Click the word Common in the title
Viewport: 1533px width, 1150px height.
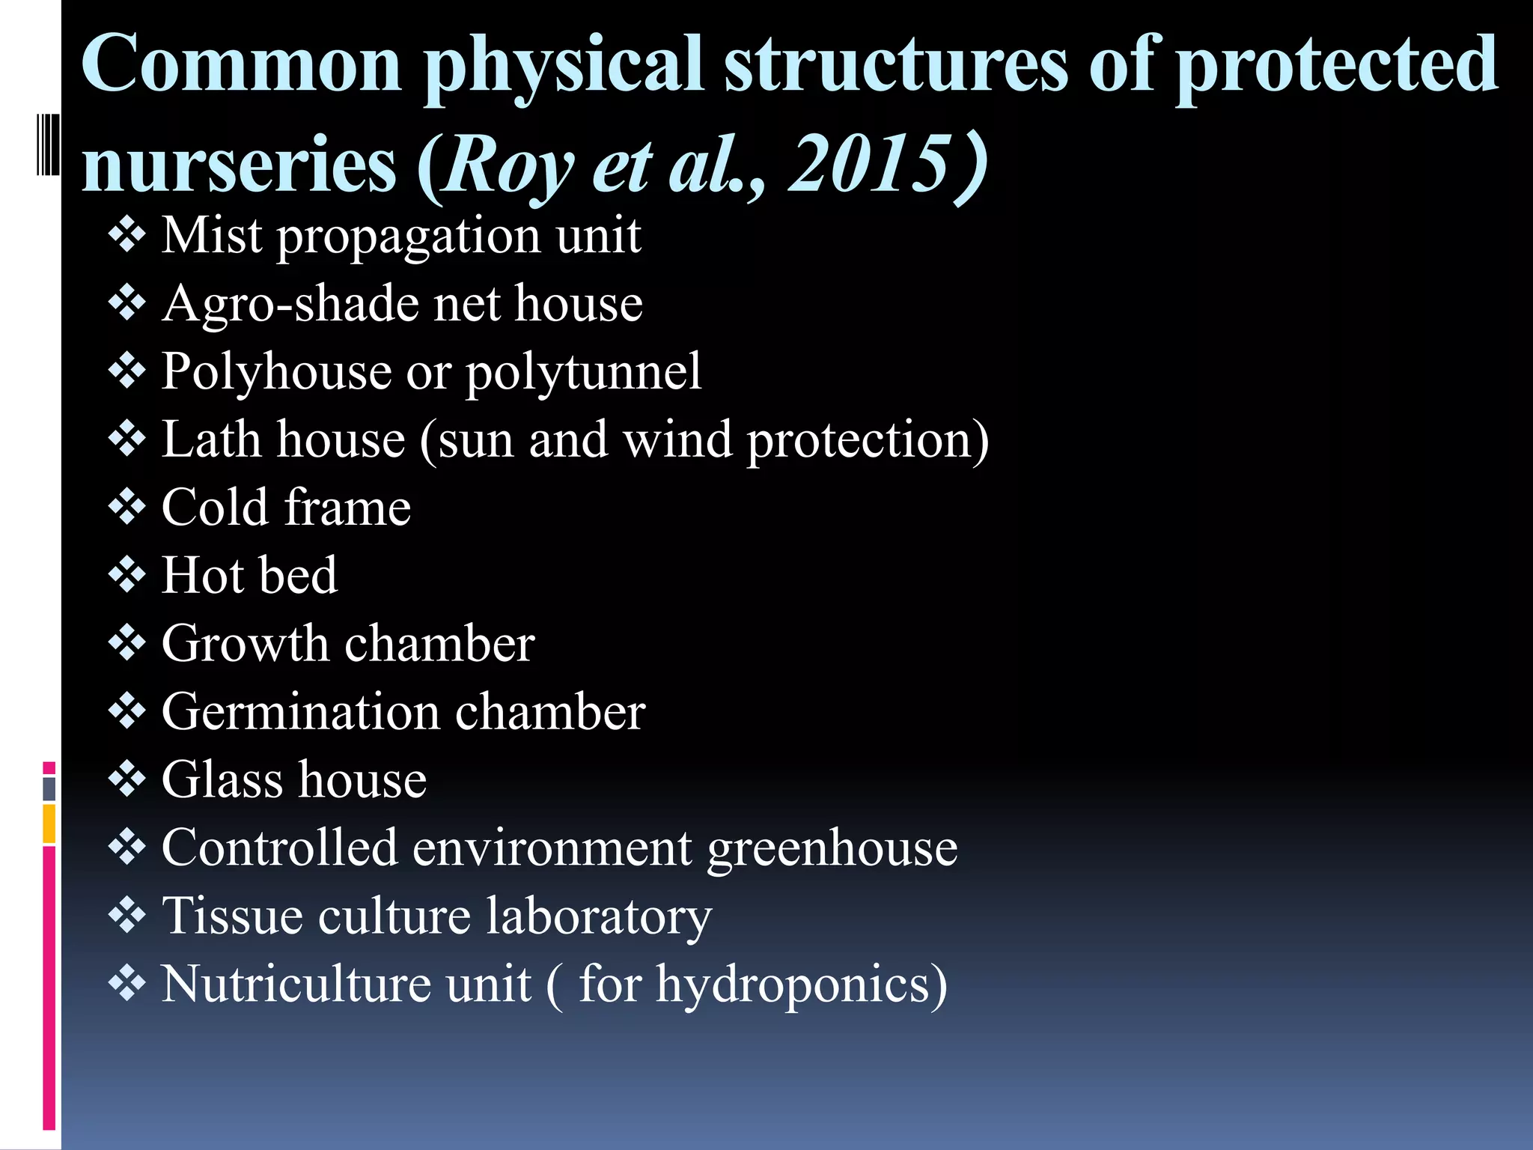242,66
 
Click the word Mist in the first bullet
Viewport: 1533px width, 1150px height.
212,236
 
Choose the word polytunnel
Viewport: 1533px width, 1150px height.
584,372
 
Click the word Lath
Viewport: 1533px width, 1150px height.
209,439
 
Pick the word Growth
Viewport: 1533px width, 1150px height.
245,644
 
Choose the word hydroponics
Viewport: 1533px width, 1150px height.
801,985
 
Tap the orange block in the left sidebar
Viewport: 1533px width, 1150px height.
49,824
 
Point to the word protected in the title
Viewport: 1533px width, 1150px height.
1336,66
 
